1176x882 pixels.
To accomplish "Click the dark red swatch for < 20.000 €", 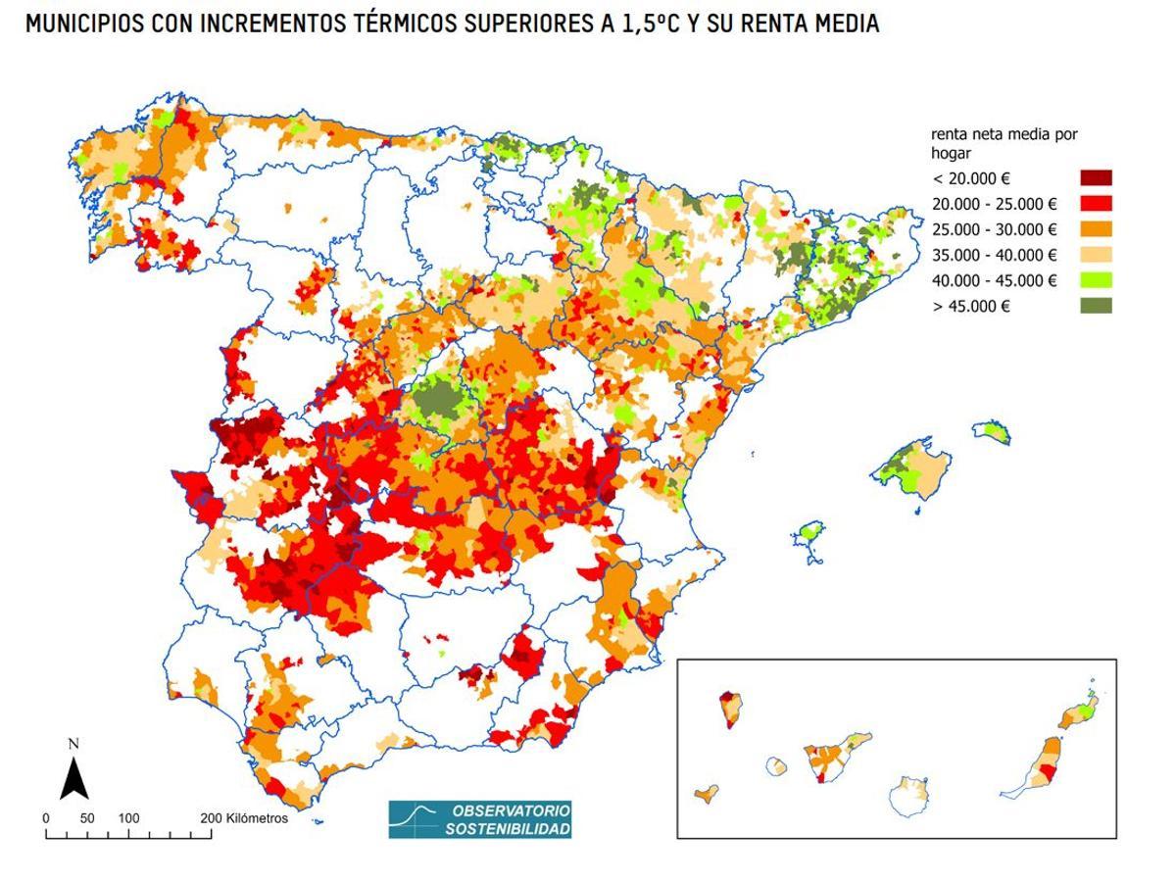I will pyautogui.click(x=1096, y=178).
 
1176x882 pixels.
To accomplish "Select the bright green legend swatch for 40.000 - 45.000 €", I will pyautogui.click(x=1096, y=280).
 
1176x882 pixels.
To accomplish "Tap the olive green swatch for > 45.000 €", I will pyautogui.click(x=1096, y=306).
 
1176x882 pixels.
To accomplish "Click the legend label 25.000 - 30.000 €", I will pyautogui.click(x=994, y=230).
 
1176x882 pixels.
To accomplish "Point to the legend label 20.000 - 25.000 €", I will pyautogui.click(x=994, y=204).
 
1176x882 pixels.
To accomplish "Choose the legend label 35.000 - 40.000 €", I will pyautogui.click(x=994, y=255).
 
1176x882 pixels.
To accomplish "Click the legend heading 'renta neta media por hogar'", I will pyautogui.click(x=1004, y=143).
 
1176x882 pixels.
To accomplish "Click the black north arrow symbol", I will pyautogui.click(x=73, y=779).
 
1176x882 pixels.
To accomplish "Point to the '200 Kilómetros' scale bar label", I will pyautogui.click(x=244, y=818).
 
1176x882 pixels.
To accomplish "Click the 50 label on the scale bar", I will pyautogui.click(x=87, y=818).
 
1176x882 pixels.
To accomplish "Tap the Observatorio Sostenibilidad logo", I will pyautogui.click(x=480, y=819).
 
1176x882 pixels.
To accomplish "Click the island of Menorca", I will pyautogui.click(x=992, y=432).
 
